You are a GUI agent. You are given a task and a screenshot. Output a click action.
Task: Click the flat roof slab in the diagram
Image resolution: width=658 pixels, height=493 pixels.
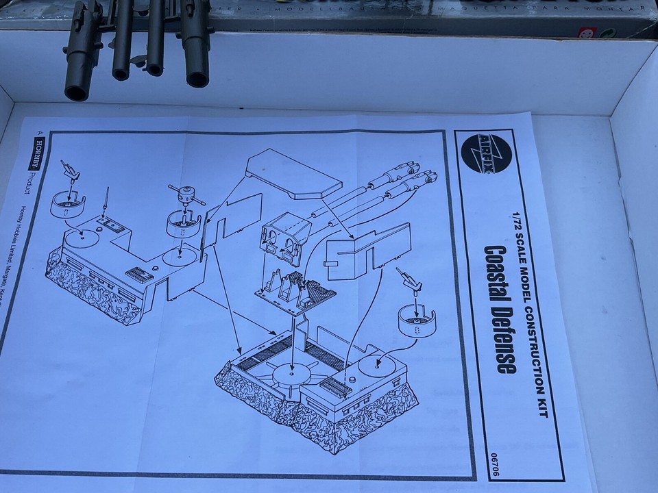pyautogui.click(x=293, y=173)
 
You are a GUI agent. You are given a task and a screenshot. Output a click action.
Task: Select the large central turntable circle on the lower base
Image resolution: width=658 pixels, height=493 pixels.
pyautogui.click(x=292, y=376)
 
